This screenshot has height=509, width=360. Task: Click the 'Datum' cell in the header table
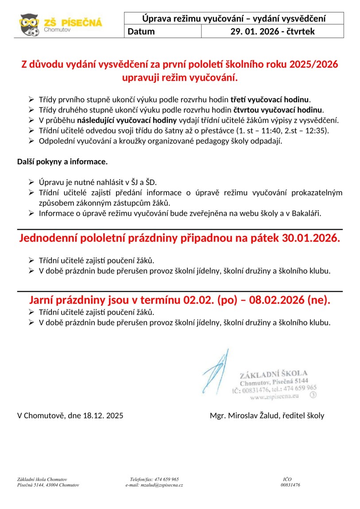click(x=142, y=31)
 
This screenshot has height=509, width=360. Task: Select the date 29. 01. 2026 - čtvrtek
click(x=272, y=31)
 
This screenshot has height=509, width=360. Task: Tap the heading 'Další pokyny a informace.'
click(x=62, y=162)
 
